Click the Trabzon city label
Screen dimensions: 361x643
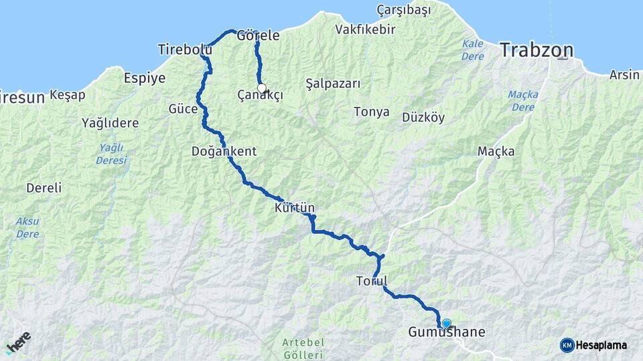[537, 50]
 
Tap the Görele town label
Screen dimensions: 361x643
[258, 35]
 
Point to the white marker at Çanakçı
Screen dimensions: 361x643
[262, 88]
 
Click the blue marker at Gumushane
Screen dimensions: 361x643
[446, 324]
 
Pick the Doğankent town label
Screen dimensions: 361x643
[224, 151]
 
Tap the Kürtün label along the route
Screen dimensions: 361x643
[294, 208]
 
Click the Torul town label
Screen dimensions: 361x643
[372, 281]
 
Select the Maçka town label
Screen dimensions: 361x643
[496, 151]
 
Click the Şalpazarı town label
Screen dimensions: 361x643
[333, 84]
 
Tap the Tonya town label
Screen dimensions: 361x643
[372, 112]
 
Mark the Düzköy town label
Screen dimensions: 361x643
[423, 118]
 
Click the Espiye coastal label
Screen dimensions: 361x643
[145, 78]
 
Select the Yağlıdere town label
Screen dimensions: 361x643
[110, 122]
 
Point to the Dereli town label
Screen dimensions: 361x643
[44, 188]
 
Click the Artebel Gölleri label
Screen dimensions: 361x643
[303, 348]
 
